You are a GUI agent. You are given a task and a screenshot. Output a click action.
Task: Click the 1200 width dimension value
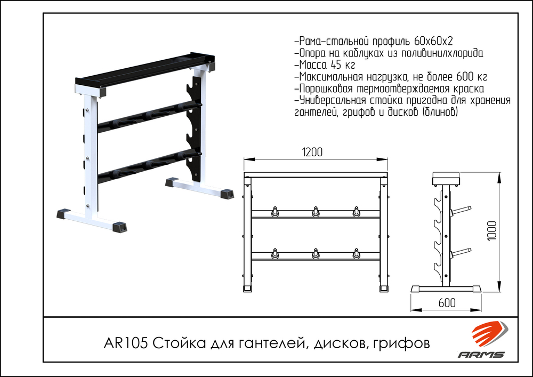(312, 152)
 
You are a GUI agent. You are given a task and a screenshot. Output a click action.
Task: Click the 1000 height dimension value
(491, 231)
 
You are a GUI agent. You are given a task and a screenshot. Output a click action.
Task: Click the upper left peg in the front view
(275, 211)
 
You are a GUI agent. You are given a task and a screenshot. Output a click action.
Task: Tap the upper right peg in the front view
(356, 211)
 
